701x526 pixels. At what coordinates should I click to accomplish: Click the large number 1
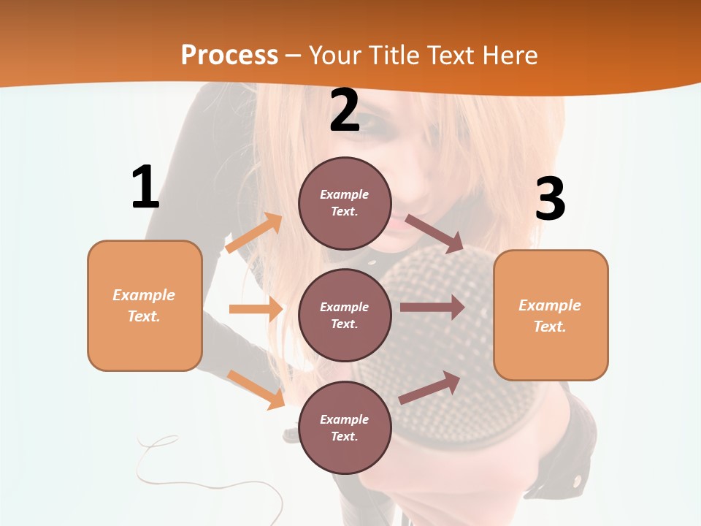point(145,187)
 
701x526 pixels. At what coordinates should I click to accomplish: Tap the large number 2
point(345,110)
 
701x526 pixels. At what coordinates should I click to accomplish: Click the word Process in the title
point(229,55)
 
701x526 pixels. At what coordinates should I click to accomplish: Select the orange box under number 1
point(145,305)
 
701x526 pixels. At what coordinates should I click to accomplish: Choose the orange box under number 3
point(551,315)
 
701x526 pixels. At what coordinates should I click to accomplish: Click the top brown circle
point(345,203)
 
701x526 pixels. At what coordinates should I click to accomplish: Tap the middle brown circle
point(345,315)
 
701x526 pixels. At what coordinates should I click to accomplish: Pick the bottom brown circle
point(345,427)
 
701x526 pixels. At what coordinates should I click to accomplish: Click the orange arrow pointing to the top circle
point(254,233)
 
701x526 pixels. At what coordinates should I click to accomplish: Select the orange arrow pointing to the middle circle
point(256,309)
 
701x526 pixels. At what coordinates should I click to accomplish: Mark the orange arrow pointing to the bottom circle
point(256,389)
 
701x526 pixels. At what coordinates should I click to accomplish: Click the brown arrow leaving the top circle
point(434,233)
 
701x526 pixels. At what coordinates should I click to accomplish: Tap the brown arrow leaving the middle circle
point(432,308)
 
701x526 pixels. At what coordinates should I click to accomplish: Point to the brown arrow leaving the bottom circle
point(430,388)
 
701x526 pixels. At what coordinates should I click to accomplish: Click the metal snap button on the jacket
point(578,480)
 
